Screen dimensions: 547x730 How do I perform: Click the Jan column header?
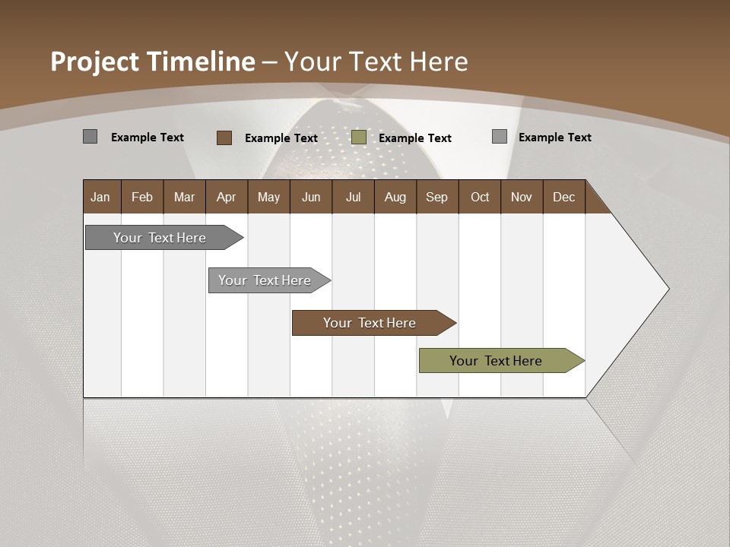100,198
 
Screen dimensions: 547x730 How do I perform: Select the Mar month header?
184,198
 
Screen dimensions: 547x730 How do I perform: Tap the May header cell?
268,198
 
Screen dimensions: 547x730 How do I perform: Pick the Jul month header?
353,198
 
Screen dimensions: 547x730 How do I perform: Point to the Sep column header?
436,198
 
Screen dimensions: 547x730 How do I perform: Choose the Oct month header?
480,198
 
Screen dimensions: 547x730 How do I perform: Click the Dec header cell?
563,198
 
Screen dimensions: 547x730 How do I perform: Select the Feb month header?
142,198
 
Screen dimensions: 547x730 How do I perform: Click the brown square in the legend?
224,138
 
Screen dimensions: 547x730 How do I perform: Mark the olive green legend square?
359,138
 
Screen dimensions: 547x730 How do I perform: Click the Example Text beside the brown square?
281,138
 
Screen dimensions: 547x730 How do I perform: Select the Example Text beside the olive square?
415,138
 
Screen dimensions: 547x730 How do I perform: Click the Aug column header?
395,198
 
